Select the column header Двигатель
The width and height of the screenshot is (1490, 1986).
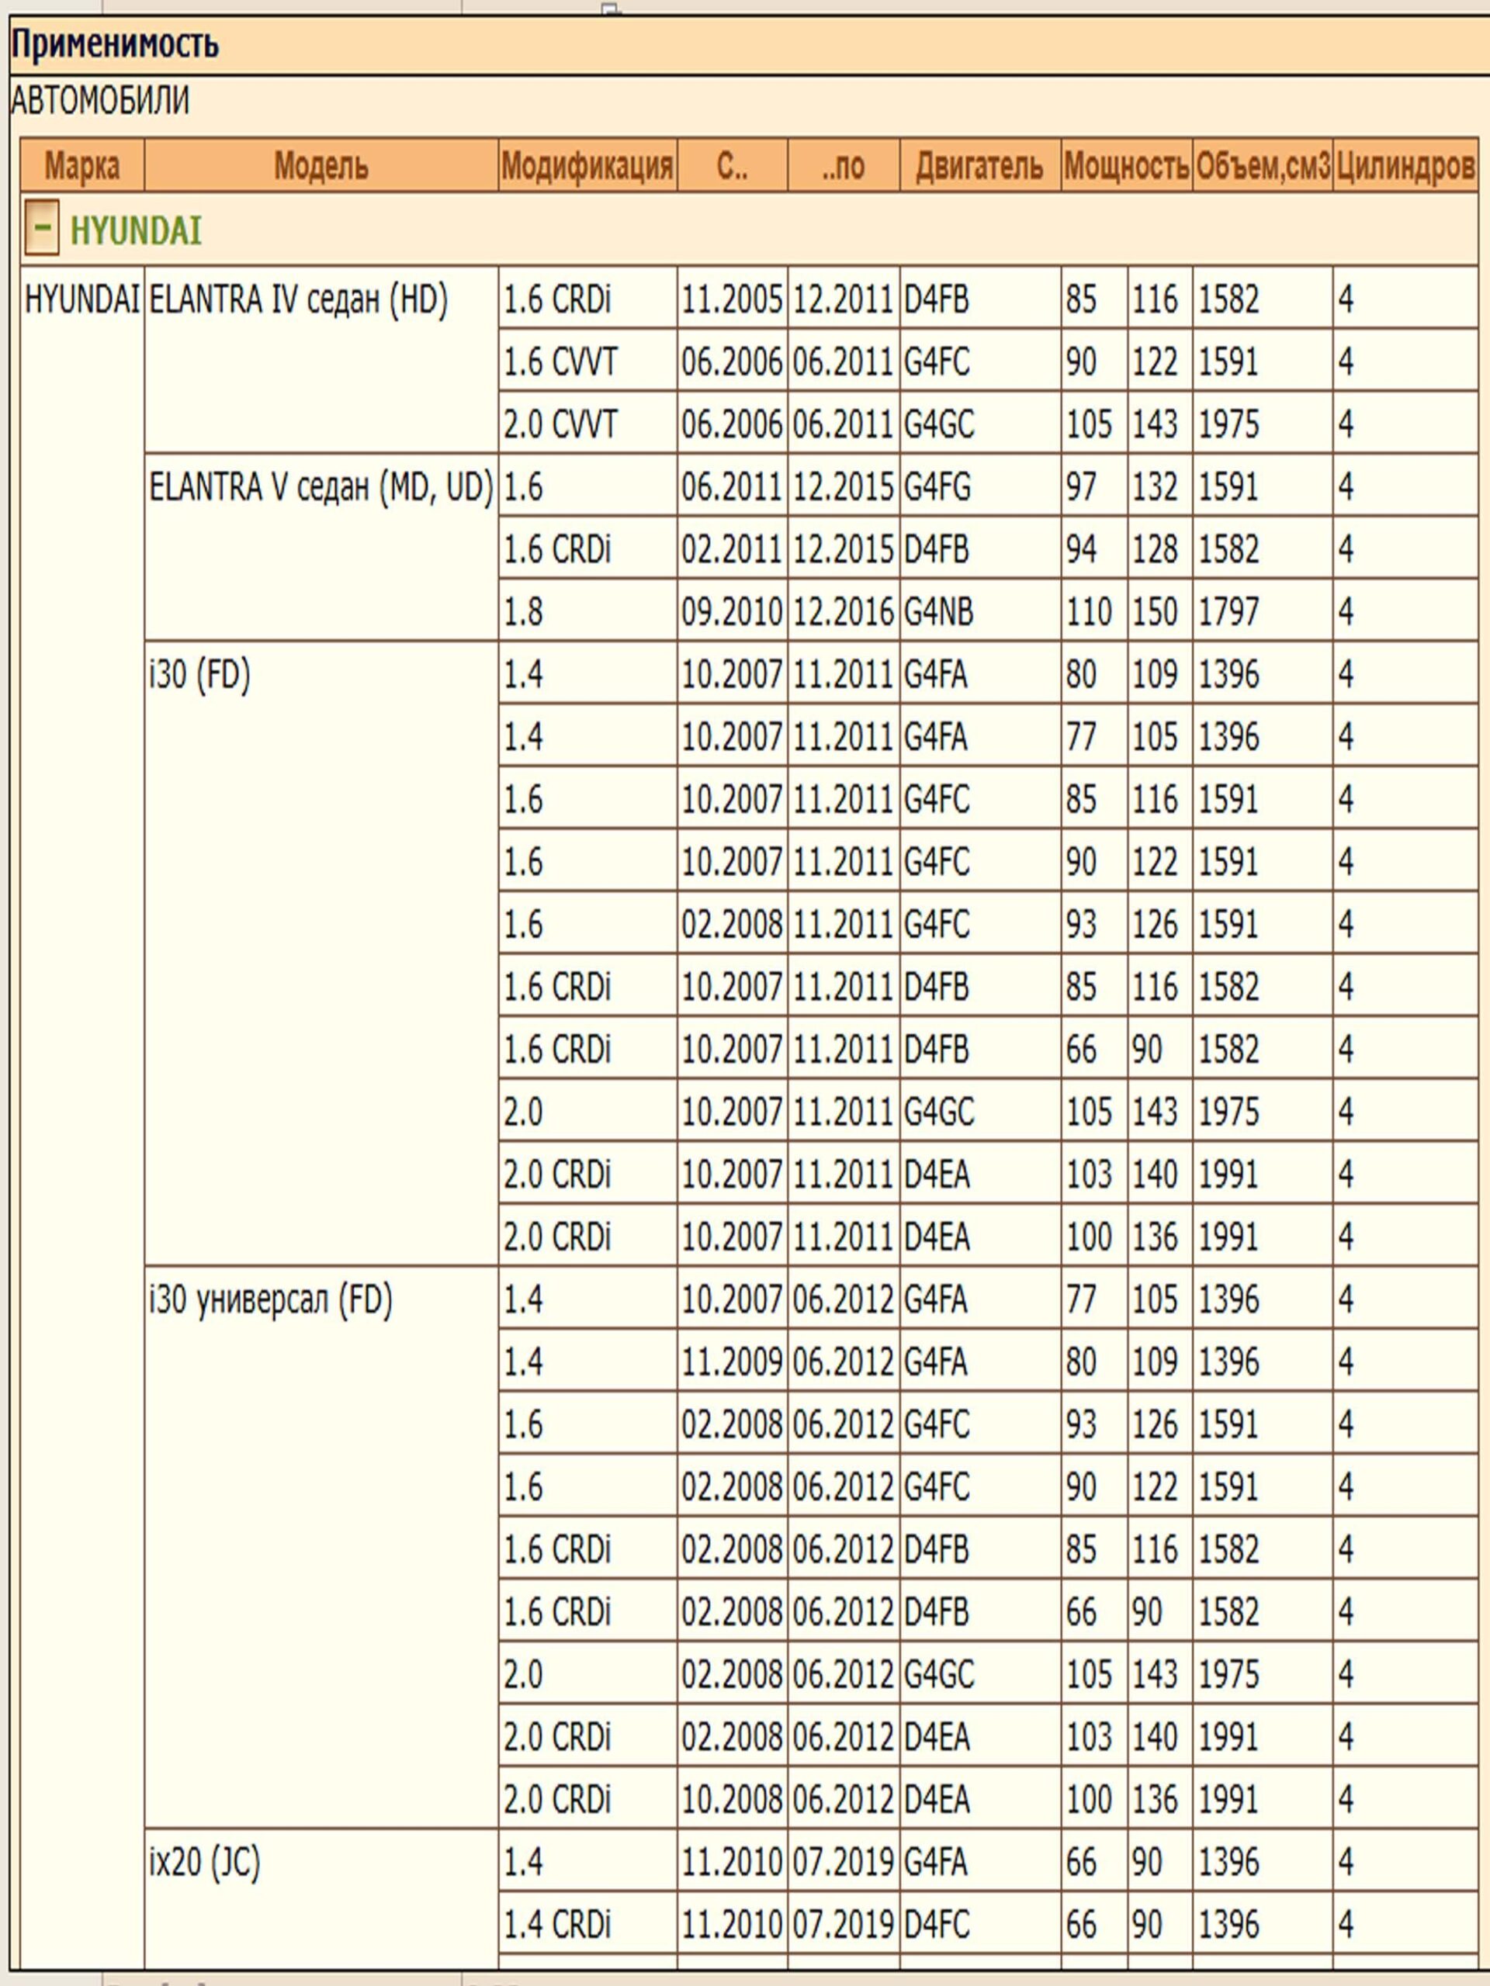[979, 166]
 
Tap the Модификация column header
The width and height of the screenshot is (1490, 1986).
[587, 166]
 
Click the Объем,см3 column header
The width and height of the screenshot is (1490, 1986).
[1262, 166]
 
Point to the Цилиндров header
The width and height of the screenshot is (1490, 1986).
[1405, 166]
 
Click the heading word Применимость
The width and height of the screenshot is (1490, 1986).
[115, 44]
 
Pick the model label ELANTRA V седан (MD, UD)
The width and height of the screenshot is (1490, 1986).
[321, 487]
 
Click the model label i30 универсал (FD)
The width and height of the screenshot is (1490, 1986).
[270, 1299]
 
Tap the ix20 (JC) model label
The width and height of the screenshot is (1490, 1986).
[204, 1862]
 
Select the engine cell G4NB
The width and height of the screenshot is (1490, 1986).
[938, 612]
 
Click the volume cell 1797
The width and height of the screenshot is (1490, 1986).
[1228, 612]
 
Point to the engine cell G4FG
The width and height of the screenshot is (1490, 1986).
[937, 487]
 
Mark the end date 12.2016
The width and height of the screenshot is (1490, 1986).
[843, 612]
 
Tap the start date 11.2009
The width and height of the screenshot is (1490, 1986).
[731, 1362]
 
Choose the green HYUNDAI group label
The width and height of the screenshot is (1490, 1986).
[136, 230]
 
